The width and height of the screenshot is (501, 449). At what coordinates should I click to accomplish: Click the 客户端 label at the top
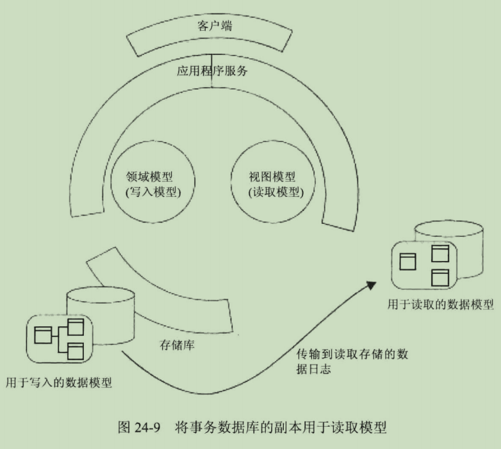pos(215,28)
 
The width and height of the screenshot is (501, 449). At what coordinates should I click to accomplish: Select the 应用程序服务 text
pos(212,70)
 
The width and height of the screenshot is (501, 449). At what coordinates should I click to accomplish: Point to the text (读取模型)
pos(275,192)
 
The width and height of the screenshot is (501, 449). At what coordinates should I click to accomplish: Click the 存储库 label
pos(177,345)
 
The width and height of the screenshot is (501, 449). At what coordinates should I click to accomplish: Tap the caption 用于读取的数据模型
pos(440,304)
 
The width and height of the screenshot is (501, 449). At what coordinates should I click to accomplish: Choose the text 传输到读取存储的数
pos(352,352)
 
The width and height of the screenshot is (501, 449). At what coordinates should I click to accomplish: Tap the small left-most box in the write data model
pos(42,335)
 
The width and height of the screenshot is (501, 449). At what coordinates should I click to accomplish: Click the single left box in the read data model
pos(408,261)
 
